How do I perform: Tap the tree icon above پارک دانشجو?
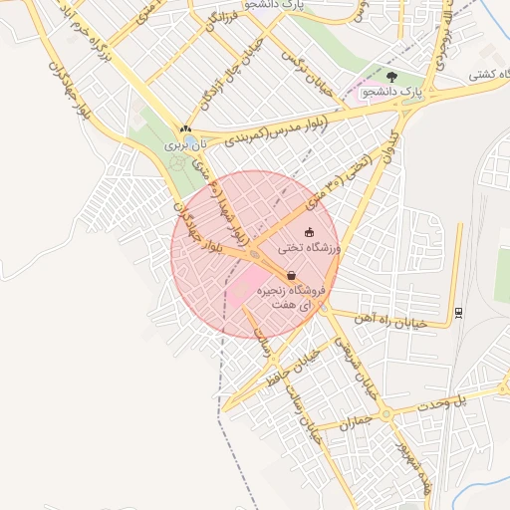click(390, 76)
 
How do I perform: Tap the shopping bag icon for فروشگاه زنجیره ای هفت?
click(291, 276)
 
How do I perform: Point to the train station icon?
click(457, 312)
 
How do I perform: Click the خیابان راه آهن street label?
click(392, 321)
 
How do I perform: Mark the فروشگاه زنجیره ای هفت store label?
click(293, 296)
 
